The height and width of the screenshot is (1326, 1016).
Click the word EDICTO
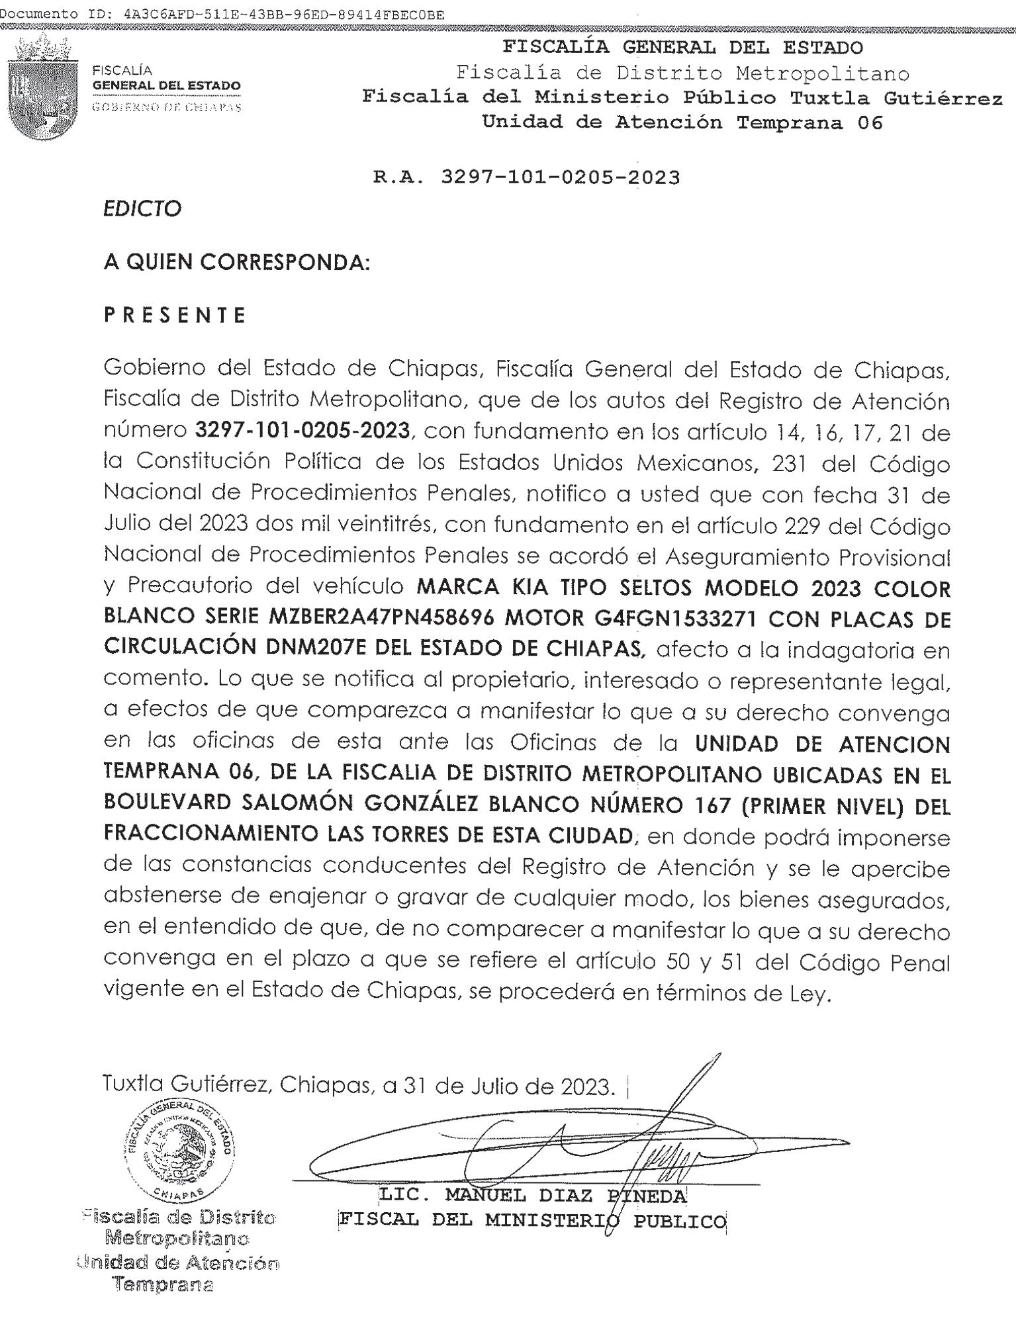[x=142, y=209]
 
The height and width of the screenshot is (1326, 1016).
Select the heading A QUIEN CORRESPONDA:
[x=236, y=263]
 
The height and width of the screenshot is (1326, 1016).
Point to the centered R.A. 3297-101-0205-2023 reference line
[x=527, y=177]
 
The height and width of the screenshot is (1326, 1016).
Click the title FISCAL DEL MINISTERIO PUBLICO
[x=533, y=1221]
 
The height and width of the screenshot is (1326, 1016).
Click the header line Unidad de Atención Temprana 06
[x=682, y=122]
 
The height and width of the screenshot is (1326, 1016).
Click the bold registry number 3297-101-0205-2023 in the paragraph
[x=303, y=431]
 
